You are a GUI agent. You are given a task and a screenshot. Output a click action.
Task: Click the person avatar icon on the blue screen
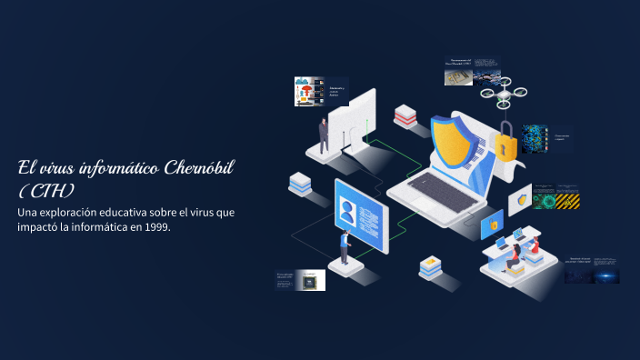[347, 209]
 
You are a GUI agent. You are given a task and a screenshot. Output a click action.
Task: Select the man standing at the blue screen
[345, 246]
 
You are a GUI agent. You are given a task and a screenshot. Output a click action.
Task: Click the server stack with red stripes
[405, 117]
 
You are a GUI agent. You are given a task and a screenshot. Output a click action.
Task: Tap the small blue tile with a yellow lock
[492, 223]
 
